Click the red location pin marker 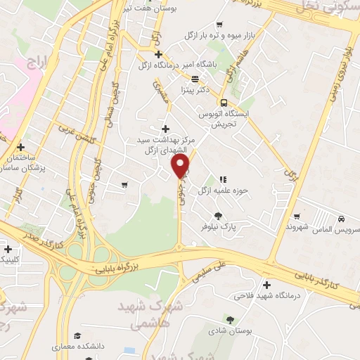click(181, 167)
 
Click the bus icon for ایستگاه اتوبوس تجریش click(224, 102)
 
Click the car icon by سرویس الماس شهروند click(340, 219)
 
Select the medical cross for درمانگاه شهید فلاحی click(266, 285)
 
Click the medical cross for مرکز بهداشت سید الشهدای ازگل click(166, 129)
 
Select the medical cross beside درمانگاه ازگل click(160, 54)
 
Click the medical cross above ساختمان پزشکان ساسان click(20, 148)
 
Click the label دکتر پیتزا click(196, 90)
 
